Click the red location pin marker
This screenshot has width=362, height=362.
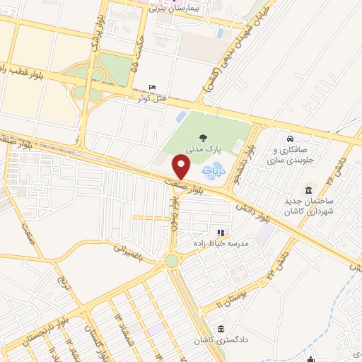pos(182,167)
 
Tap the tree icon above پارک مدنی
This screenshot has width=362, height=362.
pos(204,139)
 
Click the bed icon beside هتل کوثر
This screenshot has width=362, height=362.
pos(152,88)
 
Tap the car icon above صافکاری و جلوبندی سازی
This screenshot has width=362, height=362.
pos(290,137)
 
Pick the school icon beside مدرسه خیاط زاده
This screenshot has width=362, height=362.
pos(220,232)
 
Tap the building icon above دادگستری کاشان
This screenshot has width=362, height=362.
pos(221,329)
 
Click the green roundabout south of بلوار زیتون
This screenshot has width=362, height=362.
pos(171,262)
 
